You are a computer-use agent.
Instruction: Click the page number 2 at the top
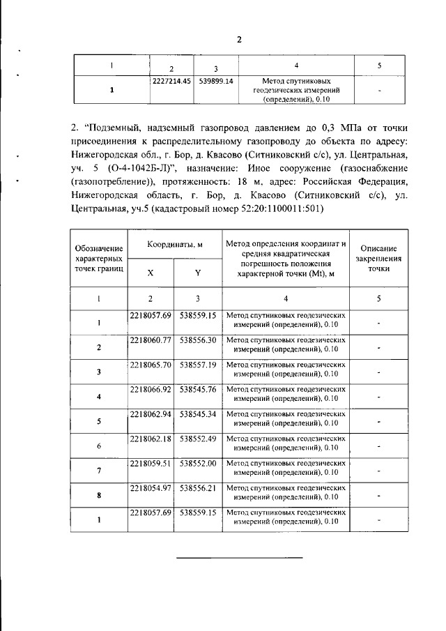[239, 39]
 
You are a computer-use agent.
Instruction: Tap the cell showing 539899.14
[216, 81]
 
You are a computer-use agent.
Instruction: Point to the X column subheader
[151, 273]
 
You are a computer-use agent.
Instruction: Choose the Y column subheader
[197, 273]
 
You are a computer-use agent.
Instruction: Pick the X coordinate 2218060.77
[151, 340]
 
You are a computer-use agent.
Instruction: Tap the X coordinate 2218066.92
[151, 388]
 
